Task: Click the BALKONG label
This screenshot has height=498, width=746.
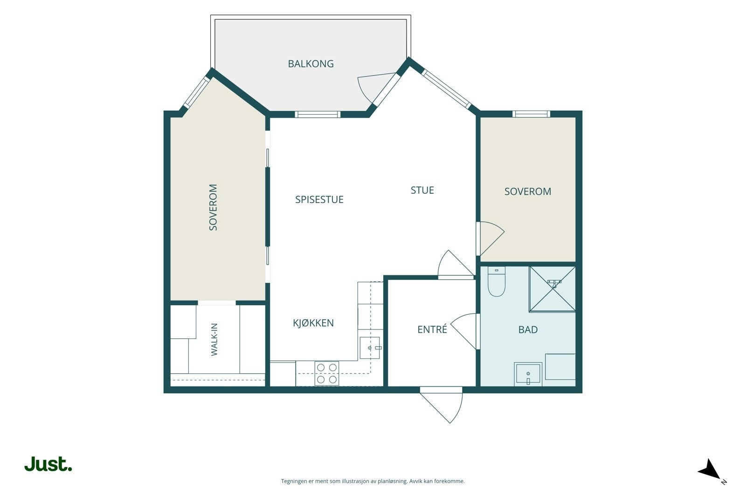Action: pyautogui.click(x=311, y=63)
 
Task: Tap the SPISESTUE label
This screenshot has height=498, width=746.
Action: pyautogui.click(x=319, y=199)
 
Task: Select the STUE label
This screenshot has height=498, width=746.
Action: pyautogui.click(x=422, y=190)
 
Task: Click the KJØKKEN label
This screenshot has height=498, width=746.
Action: pyautogui.click(x=313, y=323)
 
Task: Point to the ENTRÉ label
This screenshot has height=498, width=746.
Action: pyautogui.click(x=432, y=330)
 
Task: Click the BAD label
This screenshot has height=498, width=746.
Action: pyautogui.click(x=528, y=330)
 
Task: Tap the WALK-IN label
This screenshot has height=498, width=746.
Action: pyautogui.click(x=214, y=339)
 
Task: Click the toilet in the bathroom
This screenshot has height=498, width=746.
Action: pyautogui.click(x=496, y=281)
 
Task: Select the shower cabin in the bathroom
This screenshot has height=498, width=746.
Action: pyautogui.click(x=553, y=289)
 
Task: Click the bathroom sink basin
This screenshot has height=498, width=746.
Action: pyautogui.click(x=528, y=374)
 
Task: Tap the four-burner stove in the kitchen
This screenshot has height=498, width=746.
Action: pyautogui.click(x=327, y=373)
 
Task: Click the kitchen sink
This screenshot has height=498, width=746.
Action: pyautogui.click(x=370, y=348)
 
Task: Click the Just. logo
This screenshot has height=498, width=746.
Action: pyautogui.click(x=48, y=464)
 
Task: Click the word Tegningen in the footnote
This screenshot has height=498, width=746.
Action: pyautogui.click(x=294, y=481)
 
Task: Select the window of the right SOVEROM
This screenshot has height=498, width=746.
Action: pyautogui.click(x=531, y=114)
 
